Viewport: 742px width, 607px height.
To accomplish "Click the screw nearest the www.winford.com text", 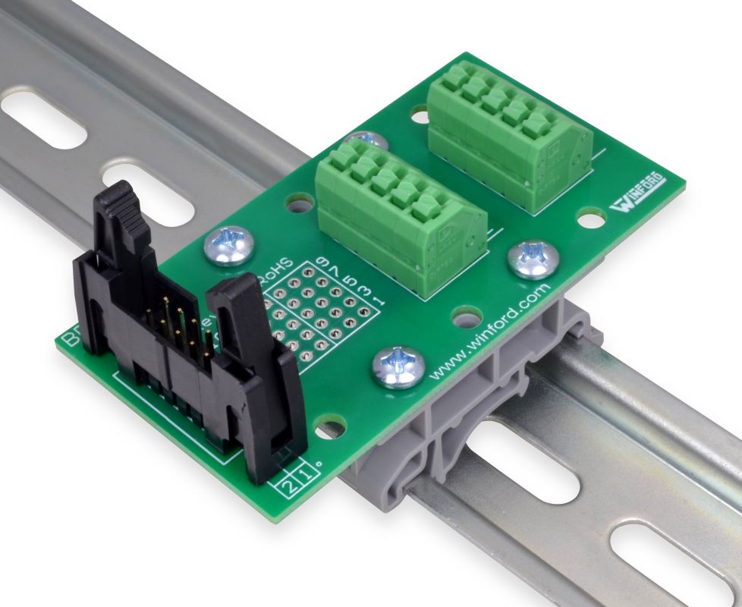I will click(397, 366).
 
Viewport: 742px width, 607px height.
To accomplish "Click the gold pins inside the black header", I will click(178, 322).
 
